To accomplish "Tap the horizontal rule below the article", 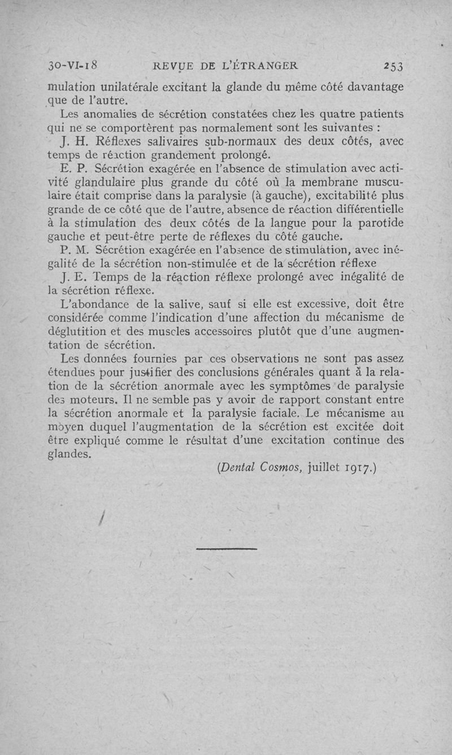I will [x=227, y=548].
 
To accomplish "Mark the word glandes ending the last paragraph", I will [x=70, y=454].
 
